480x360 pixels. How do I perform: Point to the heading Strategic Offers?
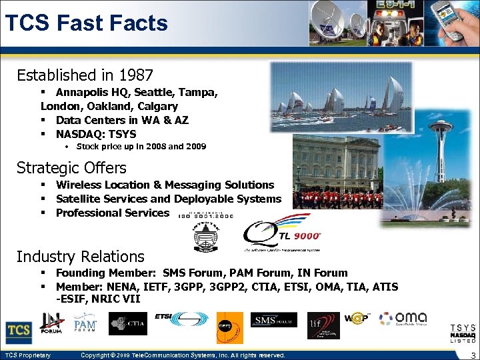pyautogui.click(x=71, y=167)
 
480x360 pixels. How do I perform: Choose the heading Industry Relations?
pyautogui.click(x=80, y=256)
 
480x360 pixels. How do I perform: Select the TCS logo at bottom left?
pyautogui.click(x=19, y=331)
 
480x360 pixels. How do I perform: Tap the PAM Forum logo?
pyautogui.click(x=85, y=325)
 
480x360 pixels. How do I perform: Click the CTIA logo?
pyautogui.click(x=128, y=325)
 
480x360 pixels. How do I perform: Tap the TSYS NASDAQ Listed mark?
pyautogui.click(x=463, y=333)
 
